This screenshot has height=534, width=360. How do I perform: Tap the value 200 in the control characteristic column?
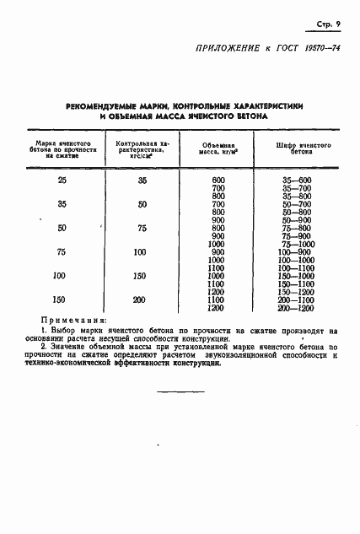(x=139, y=299)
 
